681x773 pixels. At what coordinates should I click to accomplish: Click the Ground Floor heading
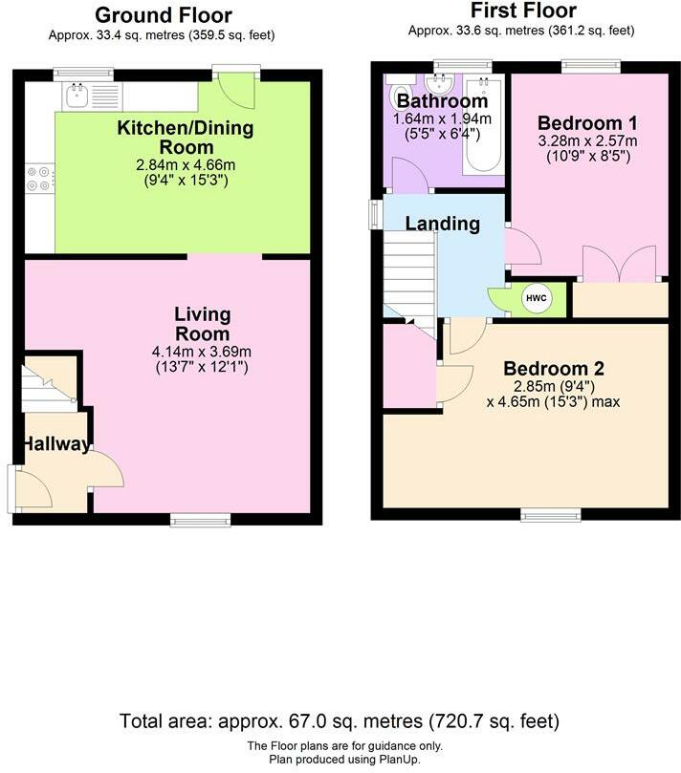164,14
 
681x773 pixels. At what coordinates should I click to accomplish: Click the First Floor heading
524,11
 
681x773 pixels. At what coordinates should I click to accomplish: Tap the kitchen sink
76,95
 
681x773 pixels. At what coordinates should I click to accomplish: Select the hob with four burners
40,178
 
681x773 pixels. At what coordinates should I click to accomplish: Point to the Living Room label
202,324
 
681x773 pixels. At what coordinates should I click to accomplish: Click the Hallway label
56,444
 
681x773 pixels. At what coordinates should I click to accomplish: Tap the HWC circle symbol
533,299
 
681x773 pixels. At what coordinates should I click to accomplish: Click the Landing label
442,224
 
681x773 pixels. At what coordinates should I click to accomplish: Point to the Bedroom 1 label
586,122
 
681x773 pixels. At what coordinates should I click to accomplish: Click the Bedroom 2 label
554,369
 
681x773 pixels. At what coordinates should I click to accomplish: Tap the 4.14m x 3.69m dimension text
201,352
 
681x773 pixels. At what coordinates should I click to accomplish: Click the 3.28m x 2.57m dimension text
586,140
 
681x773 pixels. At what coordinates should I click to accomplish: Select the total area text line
340,719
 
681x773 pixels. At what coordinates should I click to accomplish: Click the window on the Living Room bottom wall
201,518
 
